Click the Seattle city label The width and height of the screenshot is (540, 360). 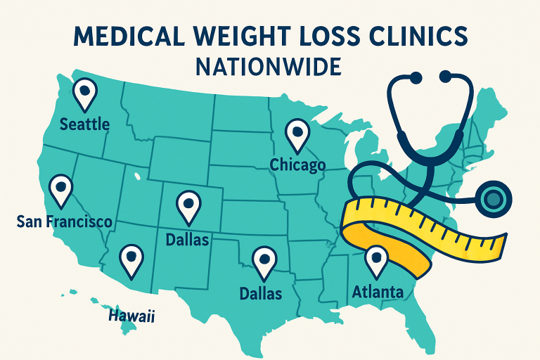84,124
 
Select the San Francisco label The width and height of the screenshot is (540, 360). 64,222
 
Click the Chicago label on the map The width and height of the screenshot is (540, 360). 298,165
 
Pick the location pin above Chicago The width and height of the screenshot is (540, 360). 297,134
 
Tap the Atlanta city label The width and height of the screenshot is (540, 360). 377,291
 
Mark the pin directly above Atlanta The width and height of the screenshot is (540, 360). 376,260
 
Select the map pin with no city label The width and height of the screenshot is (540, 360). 131,261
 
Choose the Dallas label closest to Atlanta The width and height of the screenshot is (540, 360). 261,293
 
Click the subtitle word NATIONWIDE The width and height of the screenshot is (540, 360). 270,67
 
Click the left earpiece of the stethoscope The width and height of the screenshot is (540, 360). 416,75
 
